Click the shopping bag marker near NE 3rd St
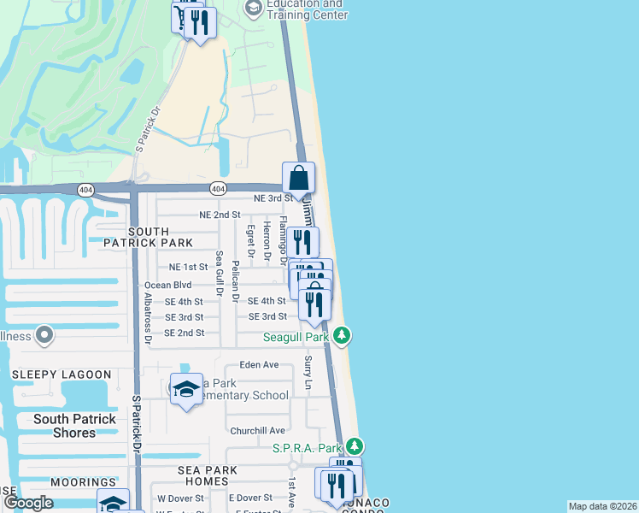[x=299, y=180]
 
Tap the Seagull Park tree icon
[x=342, y=335]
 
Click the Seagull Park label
[x=296, y=337]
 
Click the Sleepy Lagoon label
[x=62, y=374]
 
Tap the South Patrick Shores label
[x=74, y=426]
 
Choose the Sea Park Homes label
[x=212, y=476]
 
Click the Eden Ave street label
[x=260, y=364]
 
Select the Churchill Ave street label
[x=256, y=430]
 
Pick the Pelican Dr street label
[x=234, y=278]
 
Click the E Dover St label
[x=250, y=498]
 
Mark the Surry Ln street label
[x=308, y=373]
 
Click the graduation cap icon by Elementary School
[x=186, y=390]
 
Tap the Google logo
[x=27, y=503]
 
